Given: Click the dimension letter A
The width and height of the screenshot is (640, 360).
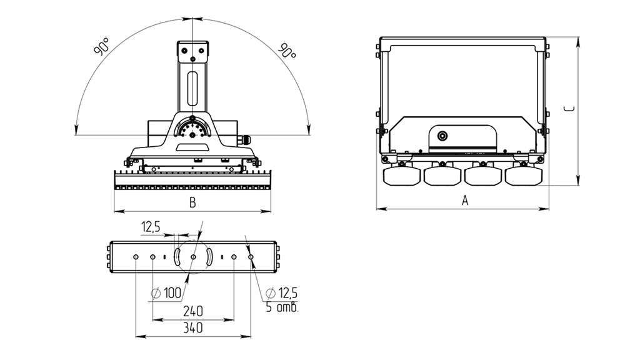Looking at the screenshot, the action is point(465,201).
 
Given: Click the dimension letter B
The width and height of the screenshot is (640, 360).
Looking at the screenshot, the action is point(192,203).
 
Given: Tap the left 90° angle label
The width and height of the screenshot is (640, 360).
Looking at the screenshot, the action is point(102,46).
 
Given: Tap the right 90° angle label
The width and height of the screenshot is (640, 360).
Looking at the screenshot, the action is point(287,50).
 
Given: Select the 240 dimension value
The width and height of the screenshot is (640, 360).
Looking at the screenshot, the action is point(193,312).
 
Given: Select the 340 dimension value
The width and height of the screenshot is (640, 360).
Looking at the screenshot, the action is point(193,327).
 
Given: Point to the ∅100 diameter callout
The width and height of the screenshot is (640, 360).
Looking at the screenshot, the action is point(166,293).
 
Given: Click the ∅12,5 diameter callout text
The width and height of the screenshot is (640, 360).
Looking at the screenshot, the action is point(282,292).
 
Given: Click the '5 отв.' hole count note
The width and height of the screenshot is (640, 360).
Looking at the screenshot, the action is point(282,307).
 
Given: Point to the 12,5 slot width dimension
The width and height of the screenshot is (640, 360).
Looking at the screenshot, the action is point(151,227).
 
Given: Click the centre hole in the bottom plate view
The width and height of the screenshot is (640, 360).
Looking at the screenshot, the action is point(194,257).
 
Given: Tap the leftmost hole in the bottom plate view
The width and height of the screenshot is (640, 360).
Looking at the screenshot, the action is point(136,257).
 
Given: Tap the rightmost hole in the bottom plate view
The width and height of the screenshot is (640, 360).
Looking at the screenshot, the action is point(251,257).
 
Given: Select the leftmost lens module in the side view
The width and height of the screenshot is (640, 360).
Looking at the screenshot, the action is point(402,176).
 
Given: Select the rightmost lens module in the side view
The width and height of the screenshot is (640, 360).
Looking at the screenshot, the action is point(524,176).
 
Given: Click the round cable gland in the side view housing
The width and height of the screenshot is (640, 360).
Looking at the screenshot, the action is point(442,136).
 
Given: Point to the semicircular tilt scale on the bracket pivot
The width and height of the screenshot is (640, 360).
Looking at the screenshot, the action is point(192,128).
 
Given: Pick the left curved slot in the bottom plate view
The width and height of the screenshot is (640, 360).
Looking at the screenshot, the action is point(177,257).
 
